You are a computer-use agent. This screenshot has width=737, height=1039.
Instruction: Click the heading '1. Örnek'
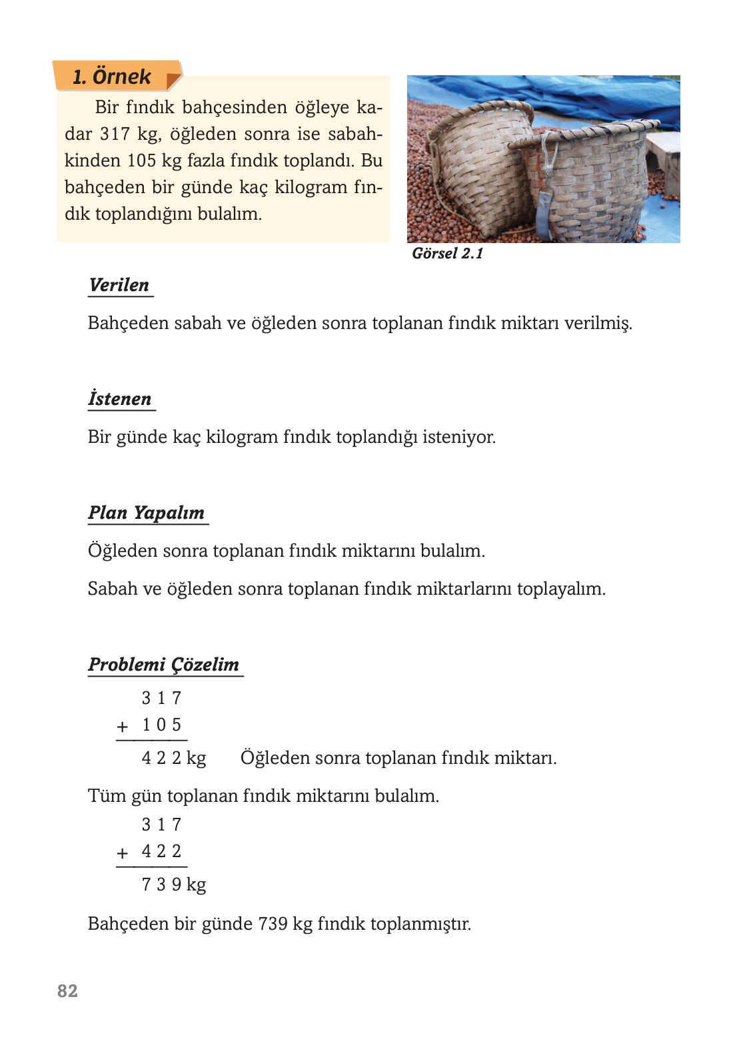pos(112,77)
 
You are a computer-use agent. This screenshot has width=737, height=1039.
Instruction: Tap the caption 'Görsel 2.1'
pos(447,254)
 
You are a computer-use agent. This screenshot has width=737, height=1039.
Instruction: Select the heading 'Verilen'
pos(119,285)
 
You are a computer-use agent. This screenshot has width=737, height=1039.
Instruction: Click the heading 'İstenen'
pos(120,399)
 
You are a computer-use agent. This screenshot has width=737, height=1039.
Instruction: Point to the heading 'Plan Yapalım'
pos(147,513)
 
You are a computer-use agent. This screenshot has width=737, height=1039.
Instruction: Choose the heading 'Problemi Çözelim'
pos(164,665)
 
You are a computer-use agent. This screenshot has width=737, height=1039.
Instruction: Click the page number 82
pos(67,991)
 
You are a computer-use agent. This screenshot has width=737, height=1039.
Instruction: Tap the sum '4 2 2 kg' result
pos(173,758)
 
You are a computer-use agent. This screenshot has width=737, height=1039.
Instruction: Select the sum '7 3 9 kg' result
pos(173,884)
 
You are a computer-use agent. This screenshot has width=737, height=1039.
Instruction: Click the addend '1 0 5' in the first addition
pos(161,725)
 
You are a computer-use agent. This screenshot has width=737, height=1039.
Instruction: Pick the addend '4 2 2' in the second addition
pos(161,851)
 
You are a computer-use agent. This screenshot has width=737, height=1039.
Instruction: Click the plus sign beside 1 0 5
pos(123,727)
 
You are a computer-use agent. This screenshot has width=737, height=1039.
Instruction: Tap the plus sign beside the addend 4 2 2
pos(123,853)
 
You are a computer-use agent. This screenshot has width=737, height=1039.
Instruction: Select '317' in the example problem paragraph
pos(115,134)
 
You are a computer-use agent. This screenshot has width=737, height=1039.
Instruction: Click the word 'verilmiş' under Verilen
pos(598,323)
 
